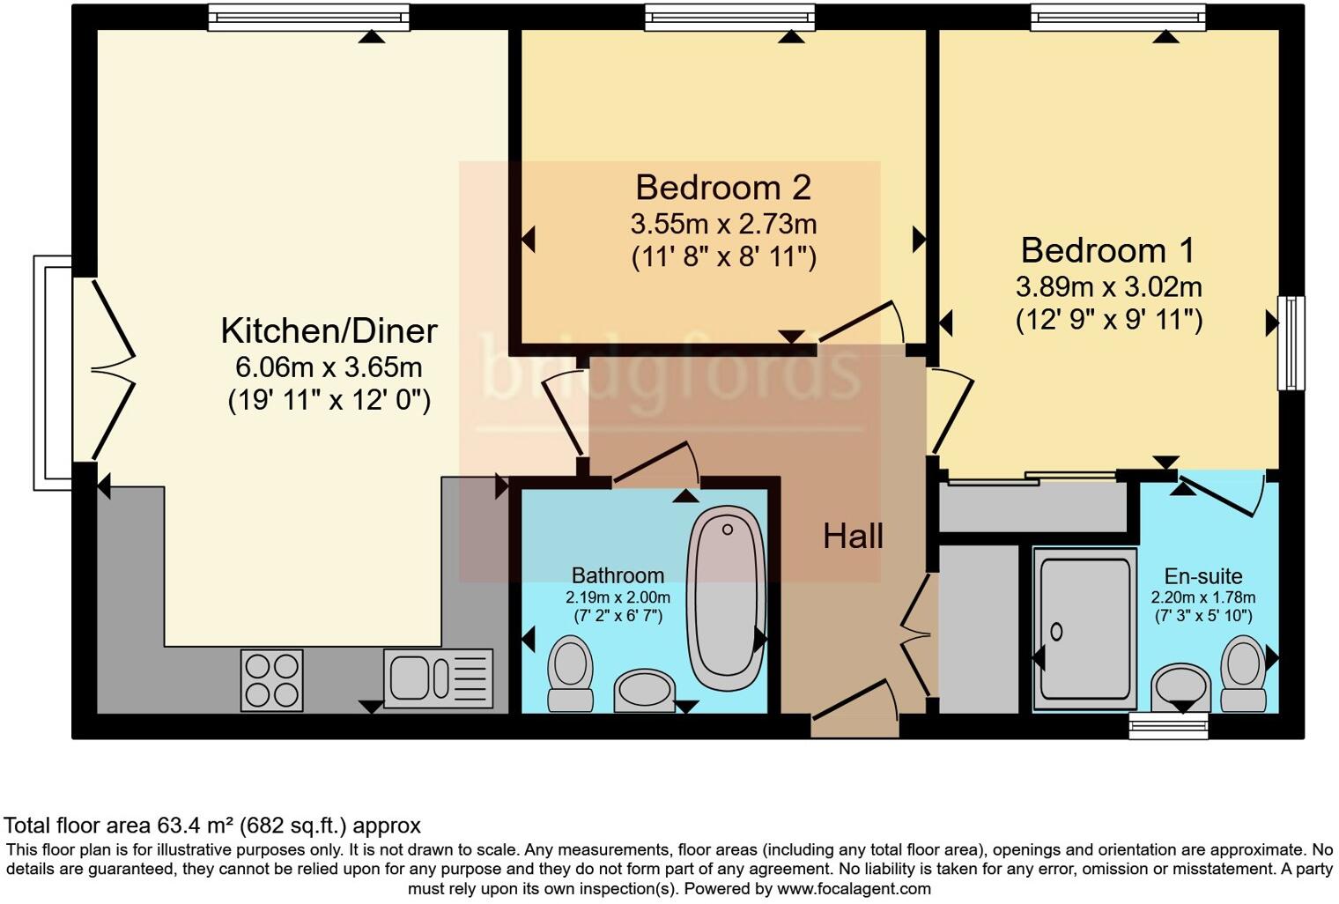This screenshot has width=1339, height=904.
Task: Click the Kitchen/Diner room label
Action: [329, 331]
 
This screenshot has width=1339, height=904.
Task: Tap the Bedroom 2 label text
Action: [723, 188]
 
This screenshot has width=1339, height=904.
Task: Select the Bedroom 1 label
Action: [1107, 251]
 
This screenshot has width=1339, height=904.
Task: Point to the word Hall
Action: [853, 536]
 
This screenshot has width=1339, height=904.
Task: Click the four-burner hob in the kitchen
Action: [272, 680]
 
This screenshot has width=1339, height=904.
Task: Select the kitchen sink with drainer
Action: [438, 678]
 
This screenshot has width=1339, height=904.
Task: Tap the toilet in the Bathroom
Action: [570, 674]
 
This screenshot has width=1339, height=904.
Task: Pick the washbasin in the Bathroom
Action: [644, 690]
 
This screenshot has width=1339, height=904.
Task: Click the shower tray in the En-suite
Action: [1084, 629]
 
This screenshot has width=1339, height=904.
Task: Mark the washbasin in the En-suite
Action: [1181, 686]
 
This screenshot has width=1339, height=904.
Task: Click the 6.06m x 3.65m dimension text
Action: [329, 367]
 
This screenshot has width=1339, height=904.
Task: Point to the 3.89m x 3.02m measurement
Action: [1108, 287]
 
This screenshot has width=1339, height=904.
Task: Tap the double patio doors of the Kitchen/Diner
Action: [110, 370]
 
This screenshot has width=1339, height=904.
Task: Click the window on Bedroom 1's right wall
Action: [1291, 343]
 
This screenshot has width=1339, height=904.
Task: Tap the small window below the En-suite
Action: [1168, 726]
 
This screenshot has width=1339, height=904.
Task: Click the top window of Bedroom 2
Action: [729, 18]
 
